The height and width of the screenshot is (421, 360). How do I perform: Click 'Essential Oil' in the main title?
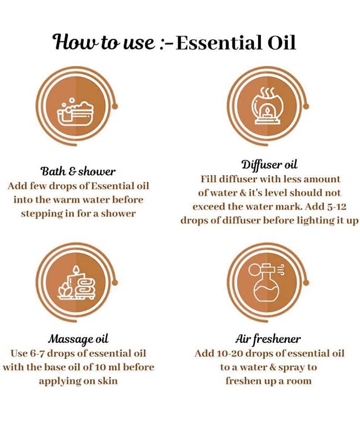pos(235,43)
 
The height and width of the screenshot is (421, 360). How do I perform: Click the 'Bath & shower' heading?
pos(78,172)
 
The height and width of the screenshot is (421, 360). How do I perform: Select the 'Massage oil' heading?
pos(78,338)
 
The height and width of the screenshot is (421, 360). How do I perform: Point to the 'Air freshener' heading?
pos(268,338)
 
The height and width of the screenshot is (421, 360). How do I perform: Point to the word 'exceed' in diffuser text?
pos(208,207)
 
